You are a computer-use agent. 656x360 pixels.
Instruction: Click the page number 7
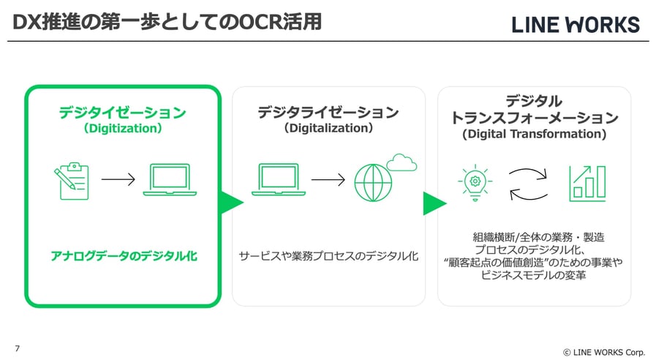pyautogui.click(x=17, y=348)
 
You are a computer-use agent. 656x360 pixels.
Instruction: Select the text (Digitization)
pyautogui.click(x=123, y=129)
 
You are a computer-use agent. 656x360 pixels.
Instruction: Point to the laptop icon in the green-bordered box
pyautogui.click(x=170, y=180)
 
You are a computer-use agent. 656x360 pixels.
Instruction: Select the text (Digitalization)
pyautogui.click(x=328, y=129)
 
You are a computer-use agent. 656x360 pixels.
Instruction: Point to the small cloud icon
pyautogui.click(x=401, y=162)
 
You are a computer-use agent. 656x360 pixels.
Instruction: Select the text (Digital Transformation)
pyautogui.click(x=534, y=135)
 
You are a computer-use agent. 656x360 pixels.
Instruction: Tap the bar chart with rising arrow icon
pyautogui.click(x=587, y=183)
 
